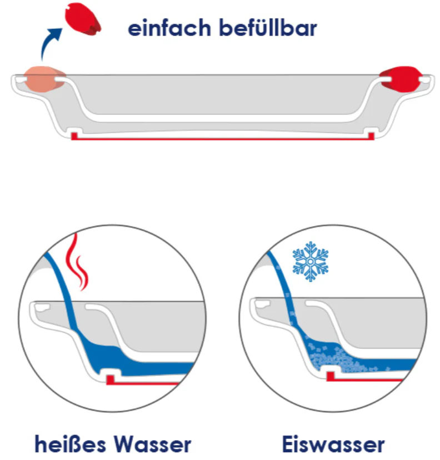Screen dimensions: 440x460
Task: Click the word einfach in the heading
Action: tap(169, 28)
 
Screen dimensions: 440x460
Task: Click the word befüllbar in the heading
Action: tap(268, 27)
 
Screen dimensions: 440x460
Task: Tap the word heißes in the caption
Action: tap(71, 444)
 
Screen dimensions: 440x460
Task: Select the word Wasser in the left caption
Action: tap(153, 444)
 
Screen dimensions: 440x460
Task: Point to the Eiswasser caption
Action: tap(333, 444)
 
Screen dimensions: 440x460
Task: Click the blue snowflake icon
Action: tap(311, 262)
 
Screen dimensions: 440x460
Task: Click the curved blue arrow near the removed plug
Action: tap(50, 43)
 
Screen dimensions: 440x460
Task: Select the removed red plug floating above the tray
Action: tap(83, 19)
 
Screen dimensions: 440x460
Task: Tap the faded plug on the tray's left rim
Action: tap(44, 79)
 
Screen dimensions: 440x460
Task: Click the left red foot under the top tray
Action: tap(74, 136)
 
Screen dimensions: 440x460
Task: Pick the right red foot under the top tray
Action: tap(371, 136)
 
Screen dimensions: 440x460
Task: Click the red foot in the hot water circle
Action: tap(110, 379)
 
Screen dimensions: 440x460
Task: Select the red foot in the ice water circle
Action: tap(331, 376)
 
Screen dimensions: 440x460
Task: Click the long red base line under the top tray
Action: tap(223, 138)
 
